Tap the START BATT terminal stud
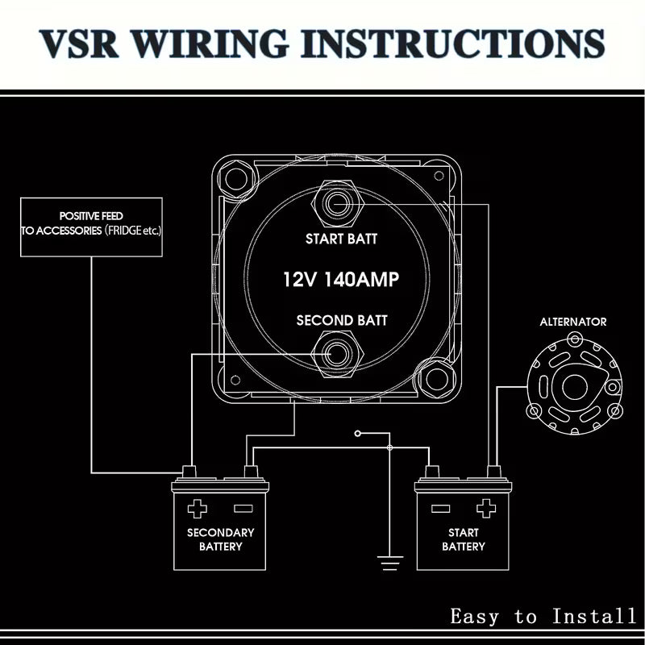(337, 203)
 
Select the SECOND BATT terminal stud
(337, 354)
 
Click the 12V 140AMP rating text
(341, 279)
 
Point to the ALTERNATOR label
(573, 322)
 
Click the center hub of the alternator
(574, 387)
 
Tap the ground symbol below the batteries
(390, 563)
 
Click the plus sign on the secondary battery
(197, 509)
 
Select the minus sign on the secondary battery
(243, 509)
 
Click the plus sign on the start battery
(486, 509)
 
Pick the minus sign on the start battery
(440, 509)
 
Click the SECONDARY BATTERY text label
(220, 539)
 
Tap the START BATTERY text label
(463, 539)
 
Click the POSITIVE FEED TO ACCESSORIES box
(91, 227)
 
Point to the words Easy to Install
(543, 616)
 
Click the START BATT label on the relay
(341, 239)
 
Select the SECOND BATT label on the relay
(341, 320)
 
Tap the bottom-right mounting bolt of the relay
(436, 379)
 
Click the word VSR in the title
(79, 44)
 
